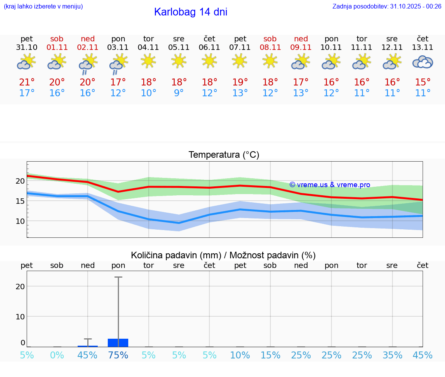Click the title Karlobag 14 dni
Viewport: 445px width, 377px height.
[x=190, y=12]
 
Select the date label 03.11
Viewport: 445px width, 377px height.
[x=118, y=48]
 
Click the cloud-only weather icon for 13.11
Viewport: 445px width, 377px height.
[x=423, y=62]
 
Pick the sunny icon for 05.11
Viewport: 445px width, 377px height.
[x=178, y=61]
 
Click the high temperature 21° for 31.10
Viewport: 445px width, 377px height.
[x=27, y=82]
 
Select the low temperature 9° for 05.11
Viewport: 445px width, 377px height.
[x=178, y=93]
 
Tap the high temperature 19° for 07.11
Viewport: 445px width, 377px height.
[x=240, y=82]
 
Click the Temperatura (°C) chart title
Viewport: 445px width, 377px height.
[x=224, y=155]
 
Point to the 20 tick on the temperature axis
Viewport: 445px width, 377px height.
[x=20, y=181]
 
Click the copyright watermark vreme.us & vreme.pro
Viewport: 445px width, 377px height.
[x=330, y=185]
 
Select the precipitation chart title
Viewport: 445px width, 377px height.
[x=223, y=255]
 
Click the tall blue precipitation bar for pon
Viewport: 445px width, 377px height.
[x=118, y=343]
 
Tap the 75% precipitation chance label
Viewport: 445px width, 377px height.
[x=118, y=355]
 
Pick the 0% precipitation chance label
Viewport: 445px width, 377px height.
[x=57, y=355]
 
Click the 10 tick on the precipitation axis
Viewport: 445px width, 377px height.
[x=20, y=317]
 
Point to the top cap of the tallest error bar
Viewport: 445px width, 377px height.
[x=118, y=277]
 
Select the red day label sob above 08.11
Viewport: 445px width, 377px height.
[x=270, y=39]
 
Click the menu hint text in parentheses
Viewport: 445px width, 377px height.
[x=43, y=6]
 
